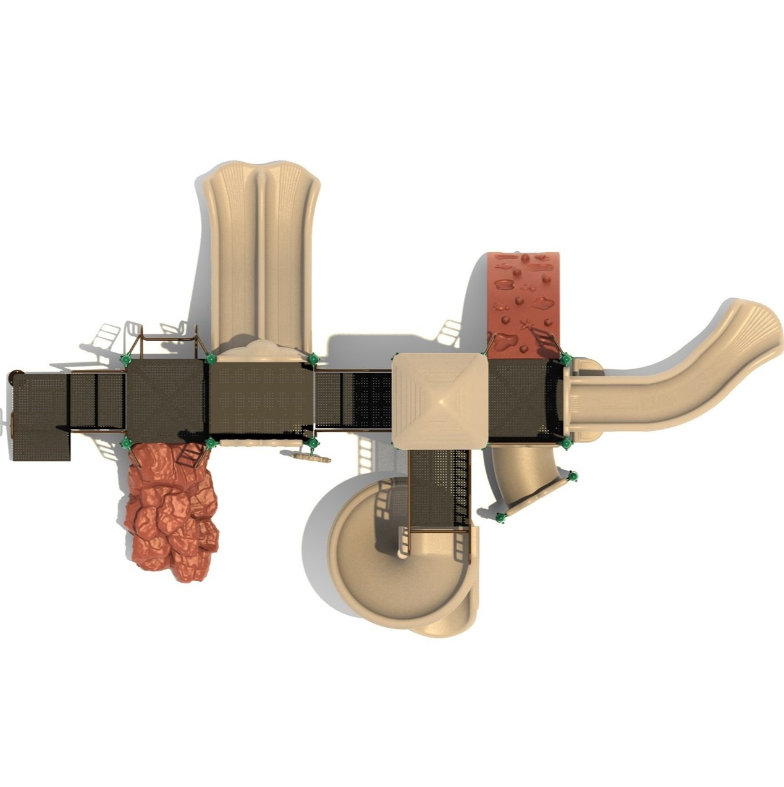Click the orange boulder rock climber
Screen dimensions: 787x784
[171, 512]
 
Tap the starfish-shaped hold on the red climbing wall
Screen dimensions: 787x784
[527, 324]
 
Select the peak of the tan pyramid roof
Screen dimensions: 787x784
[440, 400]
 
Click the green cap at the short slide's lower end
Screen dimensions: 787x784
[501, 517]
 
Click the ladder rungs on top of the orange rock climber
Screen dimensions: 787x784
[190, 456]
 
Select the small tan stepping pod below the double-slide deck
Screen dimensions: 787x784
[307, 457]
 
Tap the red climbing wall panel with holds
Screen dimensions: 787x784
[522, 296]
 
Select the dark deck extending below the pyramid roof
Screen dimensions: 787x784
[439, 488]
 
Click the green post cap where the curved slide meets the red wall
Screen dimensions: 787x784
[565, 359]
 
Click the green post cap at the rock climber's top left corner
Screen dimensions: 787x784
[127, 443]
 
